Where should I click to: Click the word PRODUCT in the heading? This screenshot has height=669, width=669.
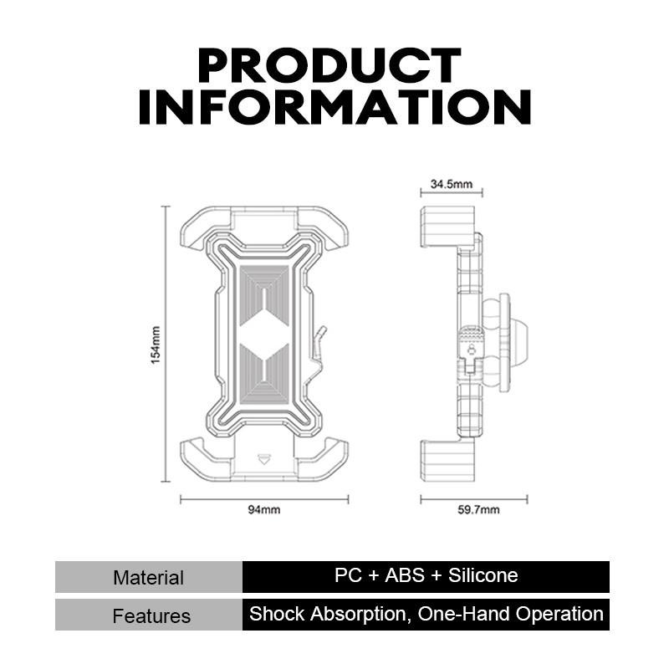coord(329,65)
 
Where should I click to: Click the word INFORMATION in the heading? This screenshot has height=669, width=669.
coord(335,107)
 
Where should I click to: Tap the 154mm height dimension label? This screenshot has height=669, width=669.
coord(156,345)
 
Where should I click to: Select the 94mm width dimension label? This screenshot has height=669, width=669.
coord(264,509)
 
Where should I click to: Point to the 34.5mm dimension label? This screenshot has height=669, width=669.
coord(452,184)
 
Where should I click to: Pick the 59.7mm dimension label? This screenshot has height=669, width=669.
coord(478,509)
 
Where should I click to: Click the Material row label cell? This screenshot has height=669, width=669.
coord(149,577)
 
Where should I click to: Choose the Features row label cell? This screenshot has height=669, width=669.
coord(149,615)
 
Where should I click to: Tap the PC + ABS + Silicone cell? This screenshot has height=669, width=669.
coord(426,577)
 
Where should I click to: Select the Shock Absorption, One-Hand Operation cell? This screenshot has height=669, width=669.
coord(426,615)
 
